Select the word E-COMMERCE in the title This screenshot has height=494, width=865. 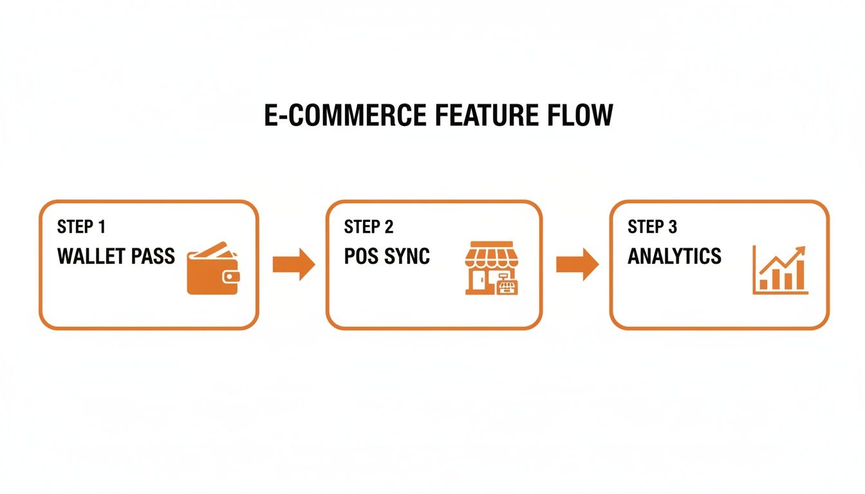tap(345, 115)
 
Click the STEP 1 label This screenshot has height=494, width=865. tap(82, 227)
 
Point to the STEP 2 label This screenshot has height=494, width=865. tap(369, 227)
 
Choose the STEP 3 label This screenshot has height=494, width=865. tap(653, 227)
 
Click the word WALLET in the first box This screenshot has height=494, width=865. tap(92, 256)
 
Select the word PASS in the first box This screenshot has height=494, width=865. tap(153, 256)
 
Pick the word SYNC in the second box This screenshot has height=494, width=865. tap(407, 256)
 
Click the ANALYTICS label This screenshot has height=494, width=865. tap(674, 256)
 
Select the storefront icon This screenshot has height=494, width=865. tap(492, 268)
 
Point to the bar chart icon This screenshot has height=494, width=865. tap(780, 270)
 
